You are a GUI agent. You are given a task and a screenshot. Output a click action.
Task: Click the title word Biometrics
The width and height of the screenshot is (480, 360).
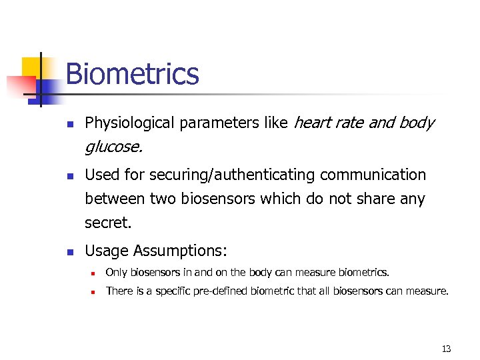click(x=132, y=73)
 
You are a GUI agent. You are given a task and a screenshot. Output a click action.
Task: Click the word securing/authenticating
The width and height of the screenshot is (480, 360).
click(x=233, y=175)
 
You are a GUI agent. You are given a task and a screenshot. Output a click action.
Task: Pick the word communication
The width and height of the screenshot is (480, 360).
click(x=373, y=175)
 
